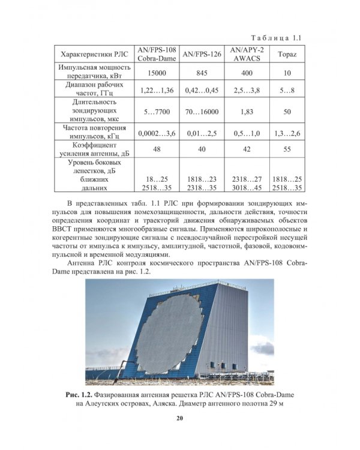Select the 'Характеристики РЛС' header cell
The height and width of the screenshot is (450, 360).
click(x=92, y=54)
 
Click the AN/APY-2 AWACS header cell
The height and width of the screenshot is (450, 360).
click(x=247, y=54)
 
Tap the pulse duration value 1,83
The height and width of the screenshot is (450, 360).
click(x=247, y=112)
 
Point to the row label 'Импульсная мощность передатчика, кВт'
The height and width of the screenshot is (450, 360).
click(x=92, y=73)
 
